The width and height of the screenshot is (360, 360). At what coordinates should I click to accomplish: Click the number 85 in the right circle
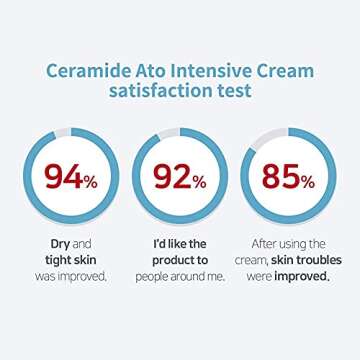click(285, 177)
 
